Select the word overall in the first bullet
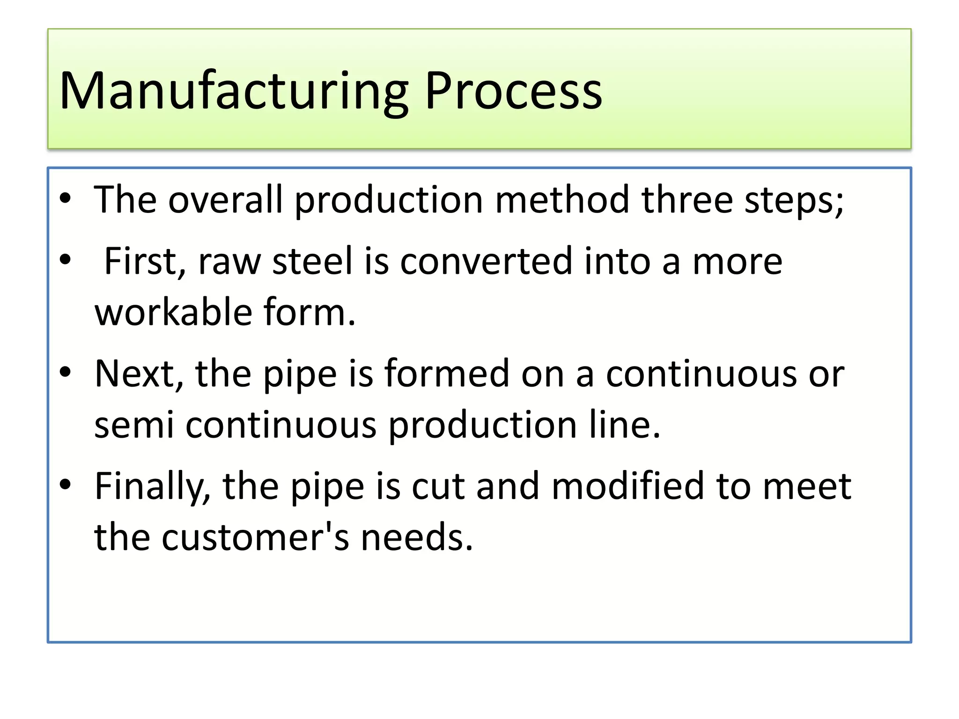pyautogui.click(x=225, y=200)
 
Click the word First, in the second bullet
pyautogui.click(x=145, y=261)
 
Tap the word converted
pyautogui.click(x=486, y=261)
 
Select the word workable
pyautogui.click(x=173, y=312)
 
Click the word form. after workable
pyautogui.click(x=310, y=312)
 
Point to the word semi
pyautogui.click(x=134, y=425)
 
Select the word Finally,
pyautogui.click(x=153, y=487)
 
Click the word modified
pyautogui.click(x=627, y=486)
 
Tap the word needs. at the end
pyautogui.click(x=417, y=537)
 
